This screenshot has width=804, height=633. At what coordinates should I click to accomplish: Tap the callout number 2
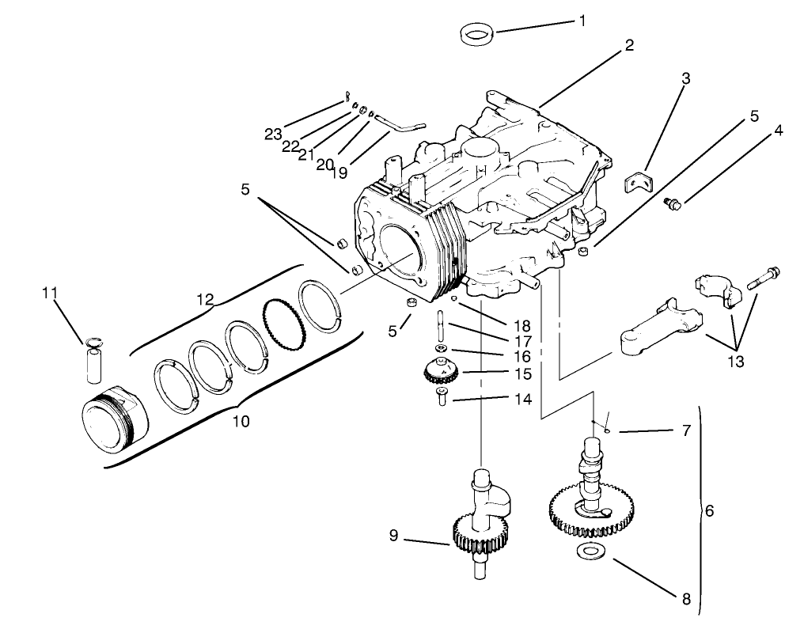tap(629, 45)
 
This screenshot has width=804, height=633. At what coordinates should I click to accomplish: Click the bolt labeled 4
tap(673, 204)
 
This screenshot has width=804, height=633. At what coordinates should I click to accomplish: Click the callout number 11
tap(50, 294)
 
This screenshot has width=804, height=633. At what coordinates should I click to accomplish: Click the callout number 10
tap(241, 422)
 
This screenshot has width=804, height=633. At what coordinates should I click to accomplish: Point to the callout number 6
tap(709, 511)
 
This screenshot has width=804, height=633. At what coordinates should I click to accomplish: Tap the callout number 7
tap(685, 431)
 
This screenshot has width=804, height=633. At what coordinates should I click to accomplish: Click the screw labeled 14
tap(442, 397)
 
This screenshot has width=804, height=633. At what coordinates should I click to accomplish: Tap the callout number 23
tap(274, 134)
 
